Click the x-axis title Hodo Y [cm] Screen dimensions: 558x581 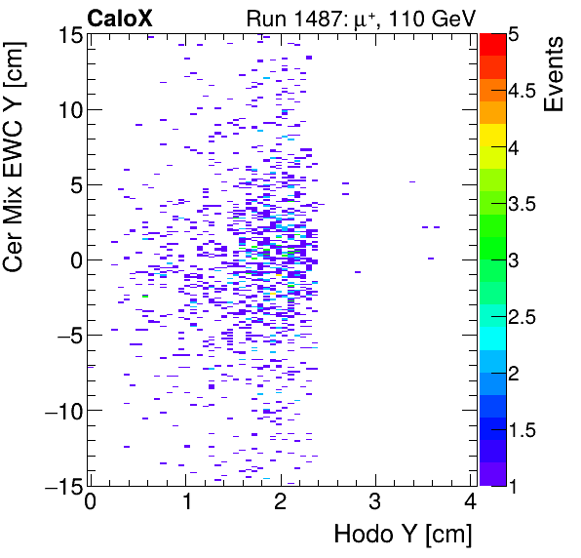pyautogui.click(x=403, y=535)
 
